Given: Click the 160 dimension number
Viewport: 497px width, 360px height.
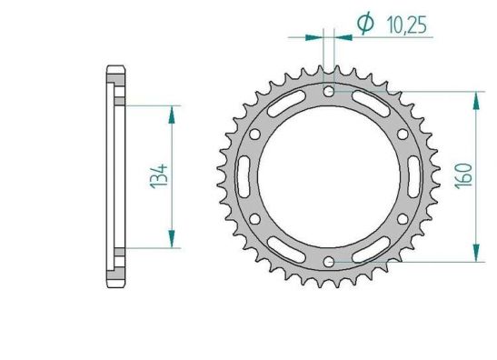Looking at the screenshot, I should (x=462, y=175).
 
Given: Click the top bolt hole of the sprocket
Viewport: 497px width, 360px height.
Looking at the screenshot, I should (x=328, y=91).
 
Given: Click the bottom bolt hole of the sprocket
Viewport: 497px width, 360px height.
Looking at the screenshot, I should (x=328, y=263).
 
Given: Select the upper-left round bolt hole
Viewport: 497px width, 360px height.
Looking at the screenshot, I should (x=254, y=134).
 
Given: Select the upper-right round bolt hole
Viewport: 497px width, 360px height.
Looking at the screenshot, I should (x=403, y=134).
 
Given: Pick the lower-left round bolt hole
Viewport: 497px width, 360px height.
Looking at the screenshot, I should (x=254, y=220).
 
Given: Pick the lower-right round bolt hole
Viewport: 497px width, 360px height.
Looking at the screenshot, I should (x=403, y=220).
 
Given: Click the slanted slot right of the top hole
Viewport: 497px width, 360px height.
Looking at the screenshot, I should (x=371, y=105).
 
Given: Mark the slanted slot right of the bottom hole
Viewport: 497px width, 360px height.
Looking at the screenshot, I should (x=371, y=250).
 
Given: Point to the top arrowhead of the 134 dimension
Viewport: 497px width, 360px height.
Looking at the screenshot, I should (x=171, y=111).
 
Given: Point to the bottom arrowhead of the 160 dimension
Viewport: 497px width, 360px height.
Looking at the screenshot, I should (x=474, y=255).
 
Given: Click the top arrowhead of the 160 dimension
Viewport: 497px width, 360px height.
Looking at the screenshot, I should (x=474, y=98).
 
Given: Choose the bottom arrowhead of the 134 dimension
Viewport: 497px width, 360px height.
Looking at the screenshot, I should (x=171, y=241).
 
